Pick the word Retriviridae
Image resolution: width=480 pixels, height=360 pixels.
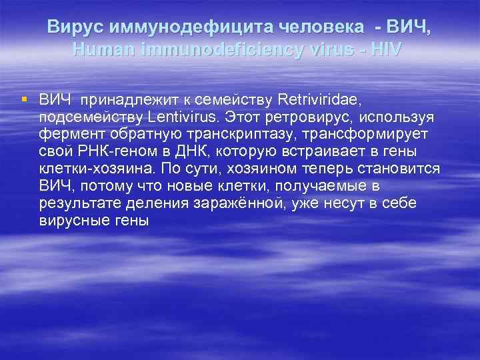pyautogui.click(x=319, y=101)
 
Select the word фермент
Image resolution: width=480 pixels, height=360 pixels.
pyautogui.click(x=69, y=134)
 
